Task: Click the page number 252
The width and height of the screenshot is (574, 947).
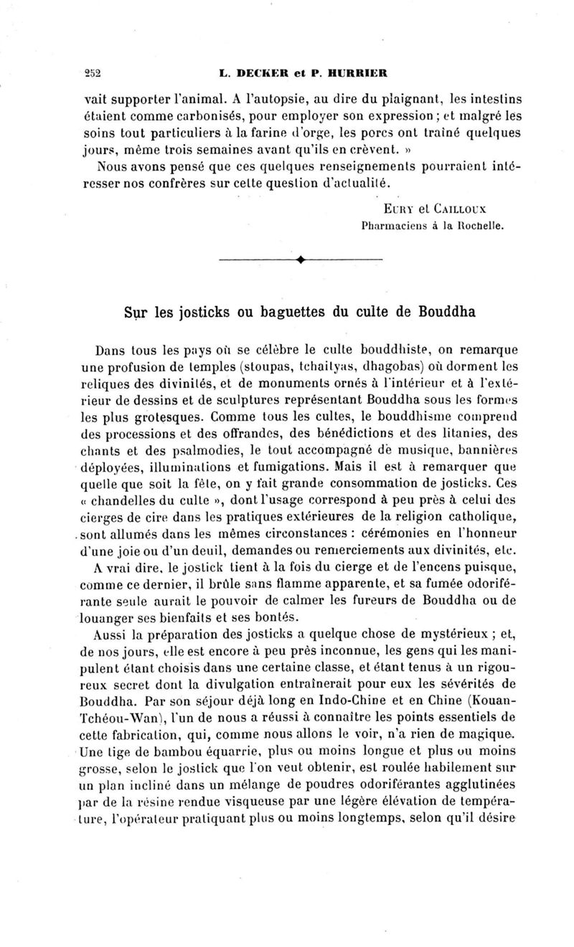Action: point(93,72)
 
